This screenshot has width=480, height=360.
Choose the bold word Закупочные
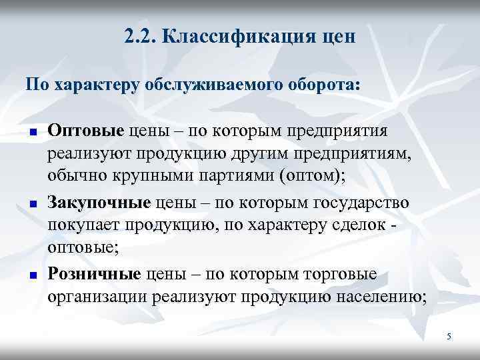100,201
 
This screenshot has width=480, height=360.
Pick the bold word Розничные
94,273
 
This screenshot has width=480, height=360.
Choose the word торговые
340,273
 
